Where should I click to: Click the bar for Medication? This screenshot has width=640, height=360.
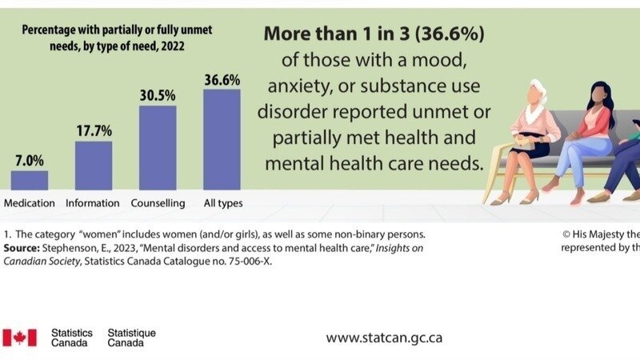click(30, 180)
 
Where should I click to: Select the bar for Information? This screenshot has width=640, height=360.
click(94, 166)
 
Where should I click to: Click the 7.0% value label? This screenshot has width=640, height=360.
click(30, 161)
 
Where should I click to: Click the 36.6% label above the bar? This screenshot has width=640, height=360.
click(222, 79)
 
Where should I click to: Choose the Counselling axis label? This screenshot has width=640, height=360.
click(158, 203)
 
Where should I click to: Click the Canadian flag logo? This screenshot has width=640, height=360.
click(19, 338)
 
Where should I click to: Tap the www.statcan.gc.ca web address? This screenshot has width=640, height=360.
click(384, 338)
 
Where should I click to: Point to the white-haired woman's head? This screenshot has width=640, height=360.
click(536, 90)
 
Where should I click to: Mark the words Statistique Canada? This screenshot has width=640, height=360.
click(131, 338)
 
